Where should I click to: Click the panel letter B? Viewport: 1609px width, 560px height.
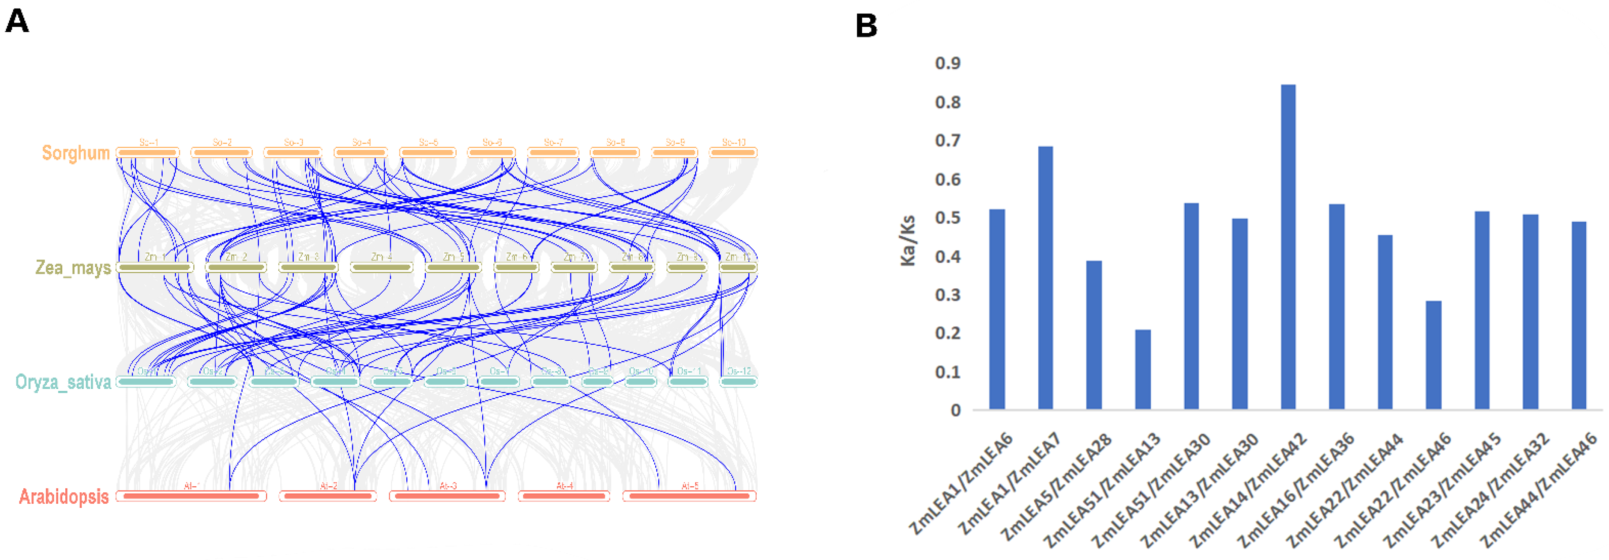click(x=866, y=26)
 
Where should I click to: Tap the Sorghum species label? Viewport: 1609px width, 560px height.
click(x=75, y=153)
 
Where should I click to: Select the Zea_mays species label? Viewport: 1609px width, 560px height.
click(x=73, y=268)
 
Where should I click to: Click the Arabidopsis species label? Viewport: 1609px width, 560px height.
click(x=64, y=496)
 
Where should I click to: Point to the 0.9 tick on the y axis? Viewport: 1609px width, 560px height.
click(x=947, y=63)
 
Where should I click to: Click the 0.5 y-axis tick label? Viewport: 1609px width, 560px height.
click(x=947, y=218)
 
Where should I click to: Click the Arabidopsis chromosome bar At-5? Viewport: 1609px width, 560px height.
click(x=689, y=496)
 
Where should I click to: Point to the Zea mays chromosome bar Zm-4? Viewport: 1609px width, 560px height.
click(x=381, y=268)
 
